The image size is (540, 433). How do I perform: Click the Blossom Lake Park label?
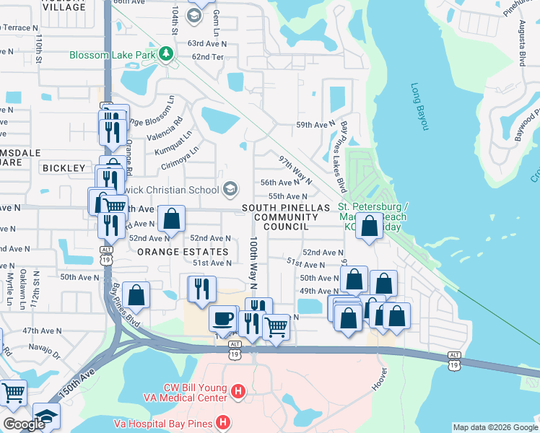(x=113, y=55)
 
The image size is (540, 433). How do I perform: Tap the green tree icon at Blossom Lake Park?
(x=166, y=54)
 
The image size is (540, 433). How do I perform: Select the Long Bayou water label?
(x=419, y=107)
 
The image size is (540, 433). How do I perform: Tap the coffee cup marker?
(x=222, y=317)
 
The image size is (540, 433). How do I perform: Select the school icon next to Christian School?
(x=230, y=189)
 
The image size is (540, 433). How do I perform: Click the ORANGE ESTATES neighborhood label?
(x=182, y=252)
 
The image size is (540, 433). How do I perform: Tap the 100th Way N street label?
(x=254, y=263)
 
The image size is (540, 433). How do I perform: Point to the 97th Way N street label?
(x=295, y=169)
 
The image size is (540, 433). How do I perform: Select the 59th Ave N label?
(x=315, y=125)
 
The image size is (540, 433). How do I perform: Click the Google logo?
(x=24, y=424)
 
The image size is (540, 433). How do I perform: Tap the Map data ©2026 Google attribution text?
(x=495, y=427)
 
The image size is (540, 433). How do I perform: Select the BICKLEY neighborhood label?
(x=64, y=167)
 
